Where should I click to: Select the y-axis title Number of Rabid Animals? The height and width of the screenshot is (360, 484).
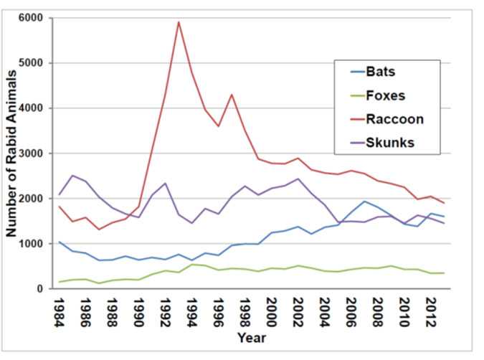[x=12, y=153]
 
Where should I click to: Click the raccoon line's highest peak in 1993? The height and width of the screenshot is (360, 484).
[x=178, y=22]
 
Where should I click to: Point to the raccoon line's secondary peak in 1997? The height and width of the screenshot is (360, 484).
[x=231, y=94]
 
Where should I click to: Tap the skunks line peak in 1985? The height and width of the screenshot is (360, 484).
[x=71, y=175]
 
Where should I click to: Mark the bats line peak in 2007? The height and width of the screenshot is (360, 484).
[x=364, y=202]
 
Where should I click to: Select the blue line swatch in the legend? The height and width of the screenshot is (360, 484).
[x=351, y=72]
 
